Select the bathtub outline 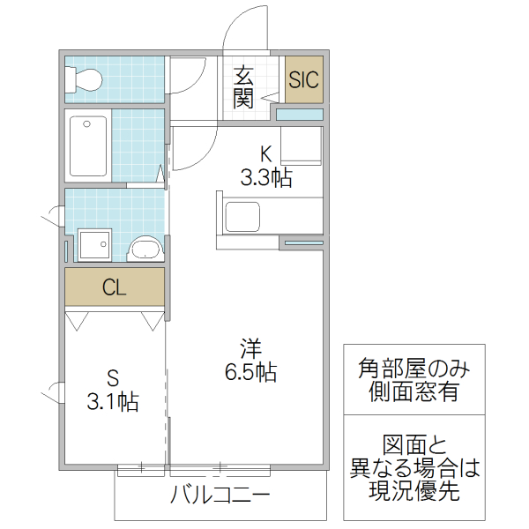(89, 146)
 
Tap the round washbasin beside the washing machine (145, 248)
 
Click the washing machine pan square (94, 244)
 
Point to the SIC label (304, 79)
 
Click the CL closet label (114, 287)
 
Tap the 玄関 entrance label (243, 87)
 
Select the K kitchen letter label (265, 151)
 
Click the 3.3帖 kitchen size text (266, 178)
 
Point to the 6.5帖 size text (250, 373)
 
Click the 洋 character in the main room (250, 345)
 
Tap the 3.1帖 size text (112, 403)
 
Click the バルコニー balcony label (220, 495)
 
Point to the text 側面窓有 (414, 392)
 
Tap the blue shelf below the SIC (300, 114)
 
